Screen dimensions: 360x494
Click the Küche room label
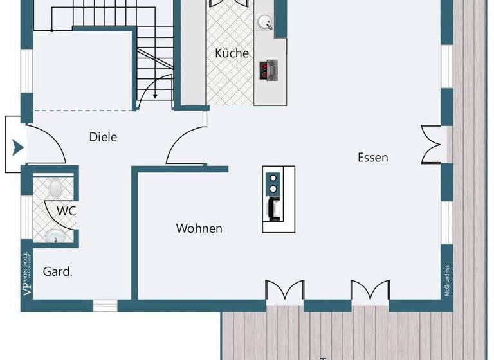pyautogui.click(x=232, y=53)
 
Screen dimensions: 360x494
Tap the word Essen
pyautogui.click(x=373, y=157)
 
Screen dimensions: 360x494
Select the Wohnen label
pyautogui.click(x=199, y=228)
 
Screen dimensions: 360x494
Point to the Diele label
pyautogui.click(x=103, y=136)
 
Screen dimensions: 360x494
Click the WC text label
pyautogui.click(x=66, y=210)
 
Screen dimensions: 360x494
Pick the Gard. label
pyautogui.click(x=58, y=271)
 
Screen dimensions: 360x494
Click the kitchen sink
pyautogui.click(x=264, y=22)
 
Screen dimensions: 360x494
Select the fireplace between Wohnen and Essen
pyautogui.click(x=279, y=199)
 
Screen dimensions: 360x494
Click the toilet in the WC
pyautogui.click(x=55, y=187)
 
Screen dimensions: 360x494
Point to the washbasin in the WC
pyautogui.click(x=57, y=236)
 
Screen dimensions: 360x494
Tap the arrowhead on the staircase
pyautogui.click(x=156, y=96)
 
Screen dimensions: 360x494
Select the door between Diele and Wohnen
pyautogui.click(x=185, y=148)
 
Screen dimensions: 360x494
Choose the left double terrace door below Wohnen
pyautogui.click(x=284, y=291)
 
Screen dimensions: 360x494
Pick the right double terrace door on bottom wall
pyautogui.click(x=370, y=291)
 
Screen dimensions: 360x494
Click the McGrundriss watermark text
pyautogui.click(x=446, y=281)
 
